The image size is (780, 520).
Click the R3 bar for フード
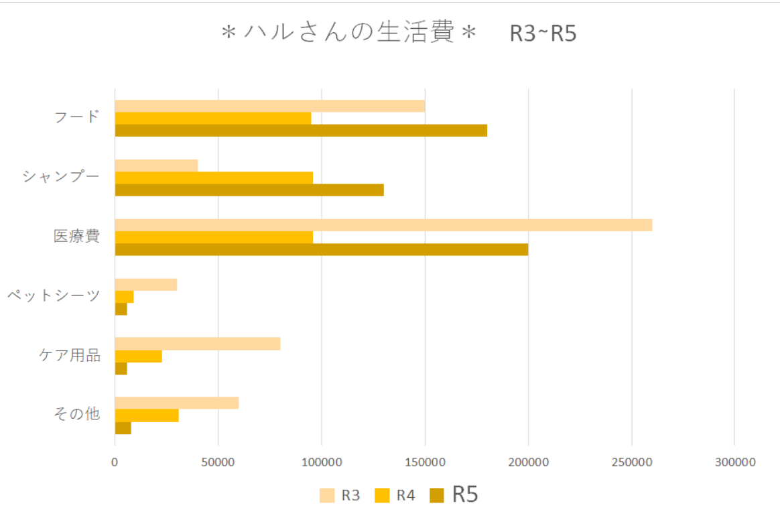269,106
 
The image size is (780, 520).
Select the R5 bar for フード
301,130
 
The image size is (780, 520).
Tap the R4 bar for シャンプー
214,178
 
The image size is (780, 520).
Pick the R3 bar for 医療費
383,225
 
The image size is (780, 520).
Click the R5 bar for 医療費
322,249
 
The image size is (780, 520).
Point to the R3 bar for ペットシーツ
146,284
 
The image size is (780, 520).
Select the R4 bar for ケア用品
139,356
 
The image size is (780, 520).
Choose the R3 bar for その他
177,403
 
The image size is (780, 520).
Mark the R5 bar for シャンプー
249,190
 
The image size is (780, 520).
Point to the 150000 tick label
426,462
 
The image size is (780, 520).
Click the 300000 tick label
735,462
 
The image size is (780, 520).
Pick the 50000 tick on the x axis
218,462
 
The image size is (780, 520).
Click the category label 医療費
77,237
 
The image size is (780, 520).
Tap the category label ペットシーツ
54,296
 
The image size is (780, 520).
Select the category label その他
77,414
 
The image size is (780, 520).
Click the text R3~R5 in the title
543,34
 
